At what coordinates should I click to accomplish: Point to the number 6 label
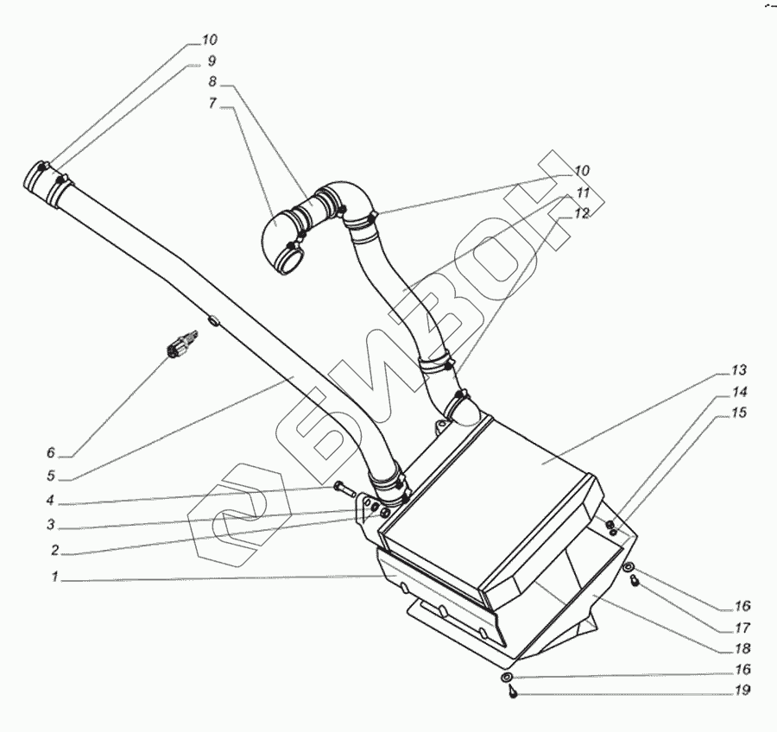51,452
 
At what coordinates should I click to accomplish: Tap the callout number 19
743,691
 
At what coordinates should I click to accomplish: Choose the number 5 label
51,475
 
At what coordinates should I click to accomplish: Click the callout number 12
583,213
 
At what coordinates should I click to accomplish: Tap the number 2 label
54,549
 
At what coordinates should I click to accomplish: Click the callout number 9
211,61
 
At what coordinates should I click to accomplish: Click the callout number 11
583,192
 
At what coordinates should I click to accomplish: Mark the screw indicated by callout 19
512,693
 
